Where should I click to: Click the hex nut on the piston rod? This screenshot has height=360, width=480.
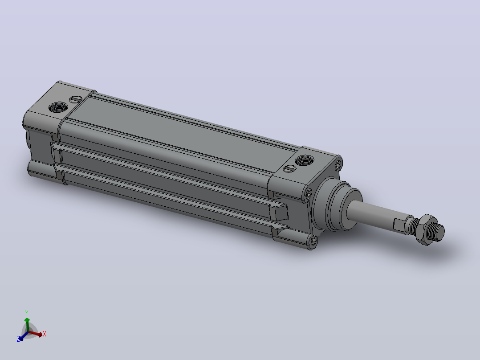click(x=426, y=230)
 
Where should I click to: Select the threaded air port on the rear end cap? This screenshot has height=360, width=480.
click(x=58, y=107)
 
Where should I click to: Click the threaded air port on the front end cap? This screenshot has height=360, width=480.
click(x=304, y=160)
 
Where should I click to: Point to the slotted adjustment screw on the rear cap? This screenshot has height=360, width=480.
click(x=76, y=99)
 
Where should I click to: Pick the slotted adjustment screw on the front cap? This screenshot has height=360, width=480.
click(x=289, y=169)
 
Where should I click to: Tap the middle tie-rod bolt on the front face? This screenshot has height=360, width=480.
click(x=309, y=194)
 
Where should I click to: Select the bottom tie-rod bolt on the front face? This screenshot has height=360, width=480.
click(x=313, y=241)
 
